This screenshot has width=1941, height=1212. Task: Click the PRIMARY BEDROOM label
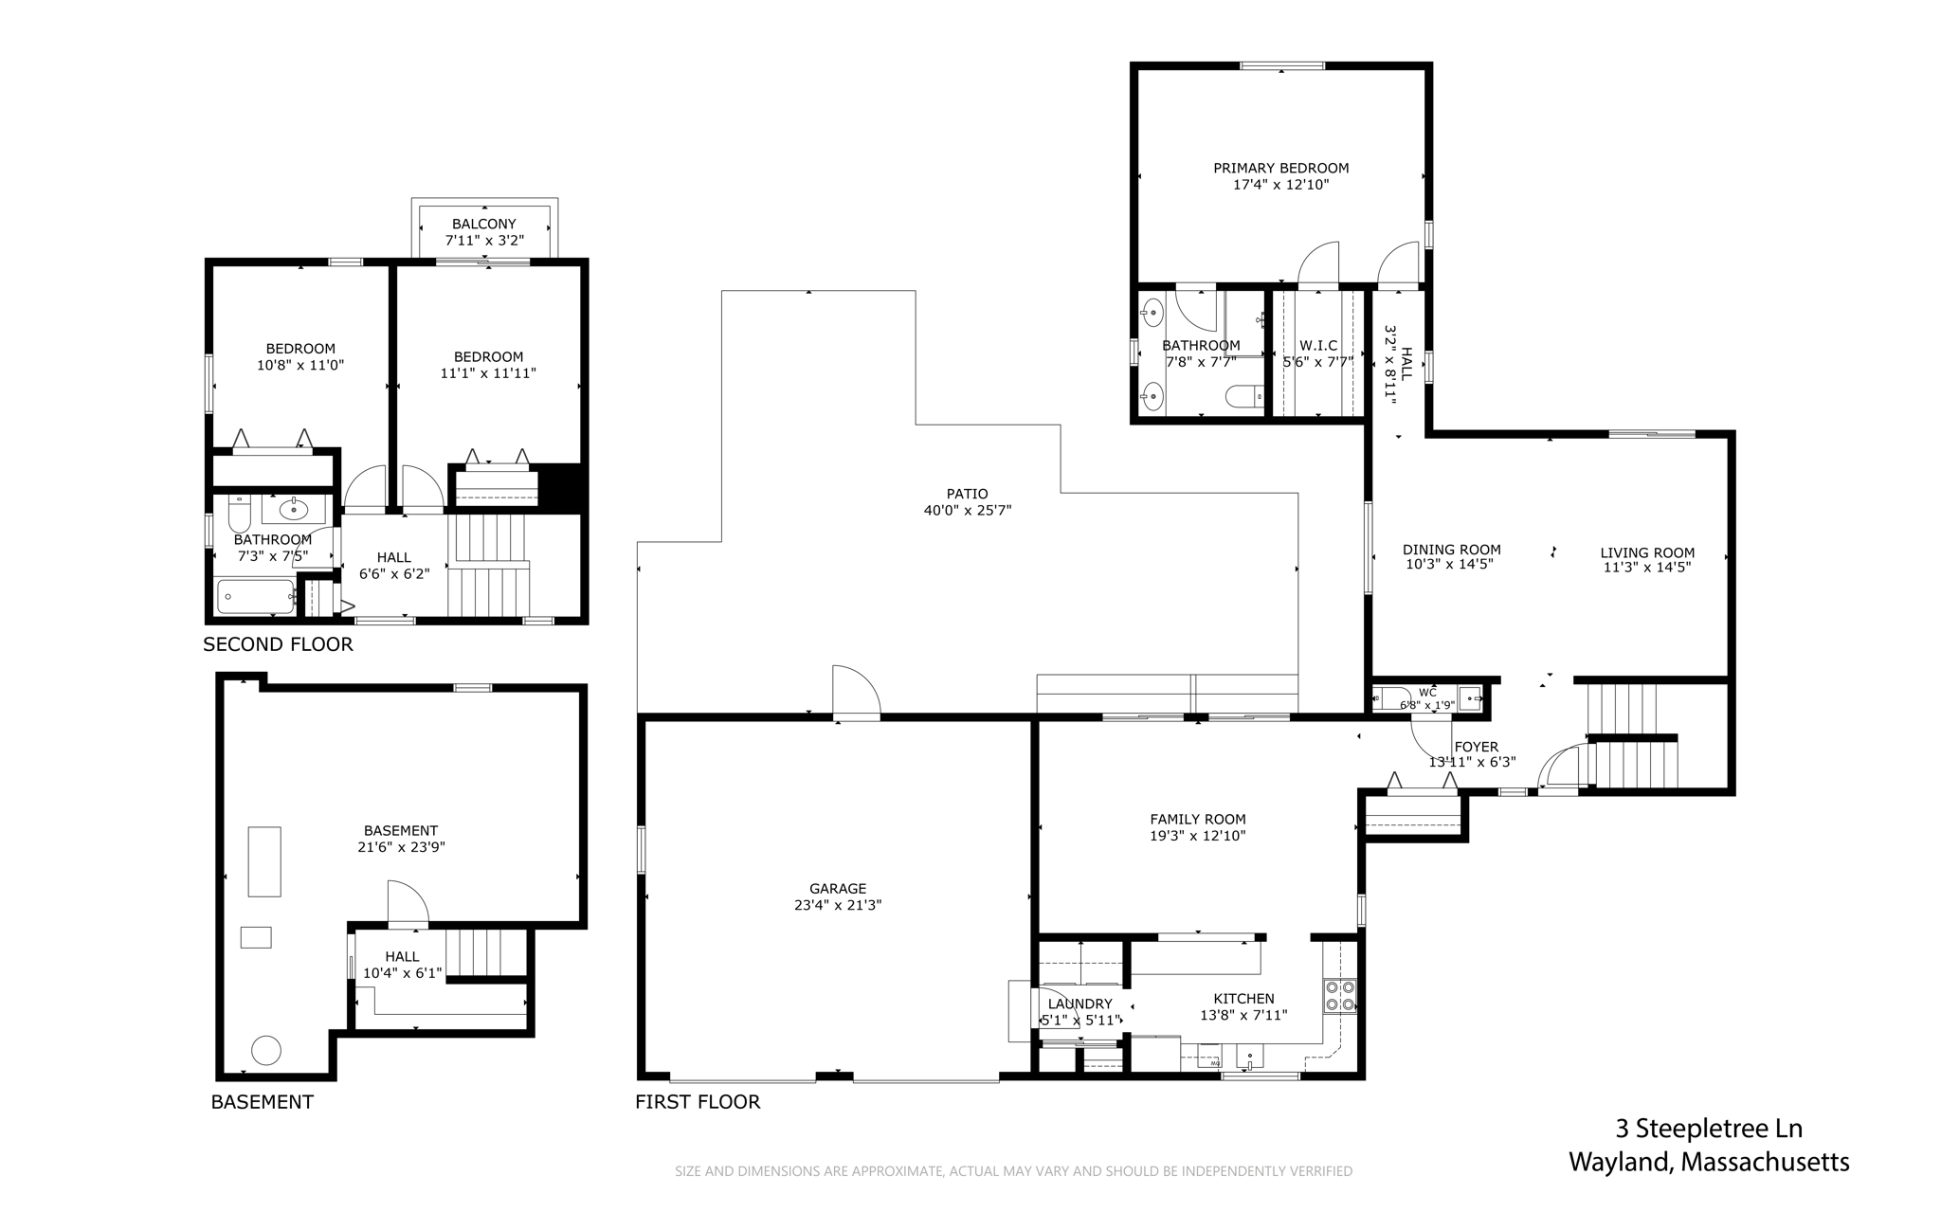pyautogui.click(x=1280, y=169)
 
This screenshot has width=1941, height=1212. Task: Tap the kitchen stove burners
pyautogui.click(x=1340, y=995)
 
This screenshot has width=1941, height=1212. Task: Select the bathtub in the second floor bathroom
pyautogui.click(x=256, y=597)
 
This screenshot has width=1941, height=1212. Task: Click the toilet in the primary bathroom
pyautogui.click(x=1243, y=396)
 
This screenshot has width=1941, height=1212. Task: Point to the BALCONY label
pyautogui.click(x=484, y=225)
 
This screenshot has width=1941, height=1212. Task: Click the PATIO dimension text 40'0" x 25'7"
pyautogui.click(x=968, y=511)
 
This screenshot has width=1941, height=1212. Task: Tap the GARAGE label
pyautogui.click(x=838, y=889)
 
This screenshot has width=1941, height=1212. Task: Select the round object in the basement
pyautogui.click(x=265, y=1050)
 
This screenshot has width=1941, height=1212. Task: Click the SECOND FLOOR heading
pyautogui.click(x=278, y=645)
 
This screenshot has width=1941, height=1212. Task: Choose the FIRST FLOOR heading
pyautogui.click(x=698, y=1102)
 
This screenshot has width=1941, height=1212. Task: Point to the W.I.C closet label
pyautogui.click(x=1318, y=346)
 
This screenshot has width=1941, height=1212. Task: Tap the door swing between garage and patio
pyautogui.click(x=857, y=690)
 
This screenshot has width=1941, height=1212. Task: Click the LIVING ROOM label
pyautogui.click(x=1647, y=553)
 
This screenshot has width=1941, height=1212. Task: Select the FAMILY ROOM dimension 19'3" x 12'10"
pyautogui.click(x=1198, y=837)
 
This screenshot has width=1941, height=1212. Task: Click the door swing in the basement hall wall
pyautogui.click(x=408, y=903)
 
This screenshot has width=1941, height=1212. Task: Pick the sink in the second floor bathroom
pyautogui.click(x=294, y=509)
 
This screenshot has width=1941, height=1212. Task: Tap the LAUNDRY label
pyautogui.click(x=1079, y=1004)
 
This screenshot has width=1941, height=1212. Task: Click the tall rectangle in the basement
pyautogui.click(x=264, y=861)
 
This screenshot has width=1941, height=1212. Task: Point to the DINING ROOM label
pyautogui.click(x=1452, y=550)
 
